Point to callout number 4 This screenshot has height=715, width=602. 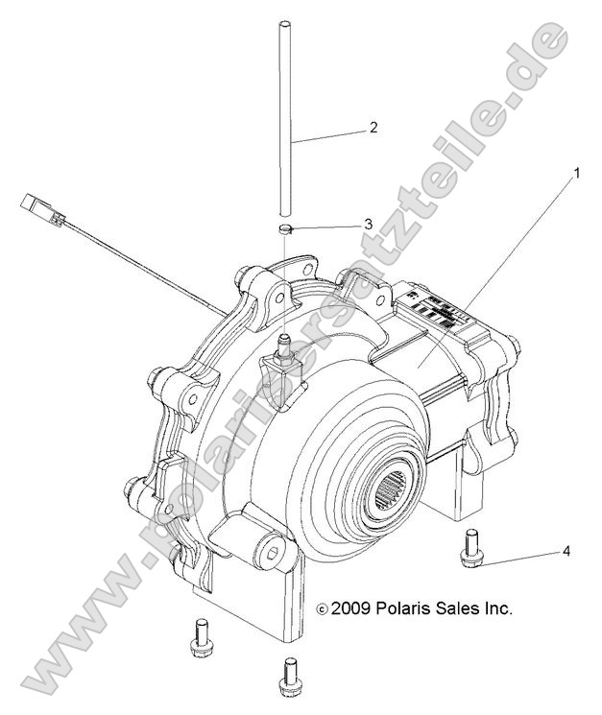click(x=566, y=551)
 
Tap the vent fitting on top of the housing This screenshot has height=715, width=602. click(x=284, y=342)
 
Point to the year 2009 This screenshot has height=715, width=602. click(x=351, y=608)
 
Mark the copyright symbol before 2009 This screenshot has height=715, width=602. click(x=323, y=608)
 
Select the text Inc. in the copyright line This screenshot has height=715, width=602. click(x=497, y=608)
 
